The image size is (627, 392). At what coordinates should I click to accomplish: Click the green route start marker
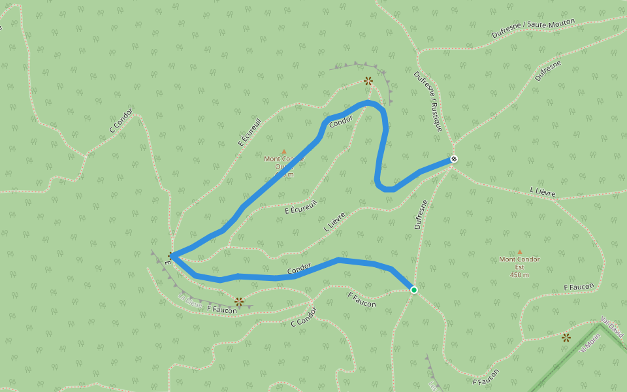pyautogui.click(x=413, y=289)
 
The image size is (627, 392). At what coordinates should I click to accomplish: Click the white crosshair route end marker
pyautogui.click(x=453, y=159)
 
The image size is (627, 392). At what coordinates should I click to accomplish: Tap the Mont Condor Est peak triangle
pyautogui.click(x=520, y=252)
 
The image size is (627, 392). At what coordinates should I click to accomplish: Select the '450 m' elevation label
pyautogui.click(x=519, y=275)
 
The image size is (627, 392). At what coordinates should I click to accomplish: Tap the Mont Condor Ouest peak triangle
pyautogui.click(x=283, y=151)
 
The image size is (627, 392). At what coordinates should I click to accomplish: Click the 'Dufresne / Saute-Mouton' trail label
pyautogui.click(x=533, y=29)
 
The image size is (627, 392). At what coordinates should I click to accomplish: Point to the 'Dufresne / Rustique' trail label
pyautogui.click(x=428, y=101)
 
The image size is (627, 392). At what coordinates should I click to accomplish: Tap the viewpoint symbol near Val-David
pyautogui.click(x=566, y=337)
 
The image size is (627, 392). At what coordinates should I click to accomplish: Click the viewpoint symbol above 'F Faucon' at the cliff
pyautogui.click(x=239, y=301)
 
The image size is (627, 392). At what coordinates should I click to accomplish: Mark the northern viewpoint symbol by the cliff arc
pyautogui.click(x=368, y=80)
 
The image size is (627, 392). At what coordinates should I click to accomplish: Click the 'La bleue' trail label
pyautogui.click(x=189, y=300)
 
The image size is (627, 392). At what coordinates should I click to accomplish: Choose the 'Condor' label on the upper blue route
pyautogui.click(x=341, y=121)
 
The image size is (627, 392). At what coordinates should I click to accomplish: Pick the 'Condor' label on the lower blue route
pyautogui.click(x=299, y=269)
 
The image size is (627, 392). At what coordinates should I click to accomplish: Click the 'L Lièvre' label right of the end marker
pyautogui.click(x=543, y=191)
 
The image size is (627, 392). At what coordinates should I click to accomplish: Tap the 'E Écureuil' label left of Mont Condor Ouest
pyautogui.click(x=249, y=132)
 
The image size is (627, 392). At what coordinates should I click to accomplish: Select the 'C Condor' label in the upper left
pyautogui.click(x=121, y=120)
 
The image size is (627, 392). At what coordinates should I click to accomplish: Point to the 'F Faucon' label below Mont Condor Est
pyautogui.click(x=579, y=287)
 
